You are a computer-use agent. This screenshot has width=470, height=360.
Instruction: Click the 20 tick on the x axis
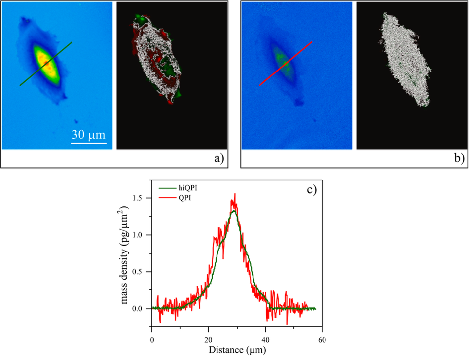tap(209, 340)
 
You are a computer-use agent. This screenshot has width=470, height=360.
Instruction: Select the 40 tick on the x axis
tap(266, 340)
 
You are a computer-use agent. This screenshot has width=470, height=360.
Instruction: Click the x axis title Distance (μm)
tap(237, 350)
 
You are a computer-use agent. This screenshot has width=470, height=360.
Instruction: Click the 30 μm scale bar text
tap(89, 134)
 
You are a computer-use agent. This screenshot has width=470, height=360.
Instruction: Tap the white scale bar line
tap(89, 144)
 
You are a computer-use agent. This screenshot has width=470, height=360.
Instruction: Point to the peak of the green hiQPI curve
tap(234, 211)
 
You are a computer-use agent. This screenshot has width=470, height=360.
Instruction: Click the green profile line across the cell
tap(46, 64)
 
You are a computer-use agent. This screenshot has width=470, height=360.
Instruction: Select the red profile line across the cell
tap(286, 64)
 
